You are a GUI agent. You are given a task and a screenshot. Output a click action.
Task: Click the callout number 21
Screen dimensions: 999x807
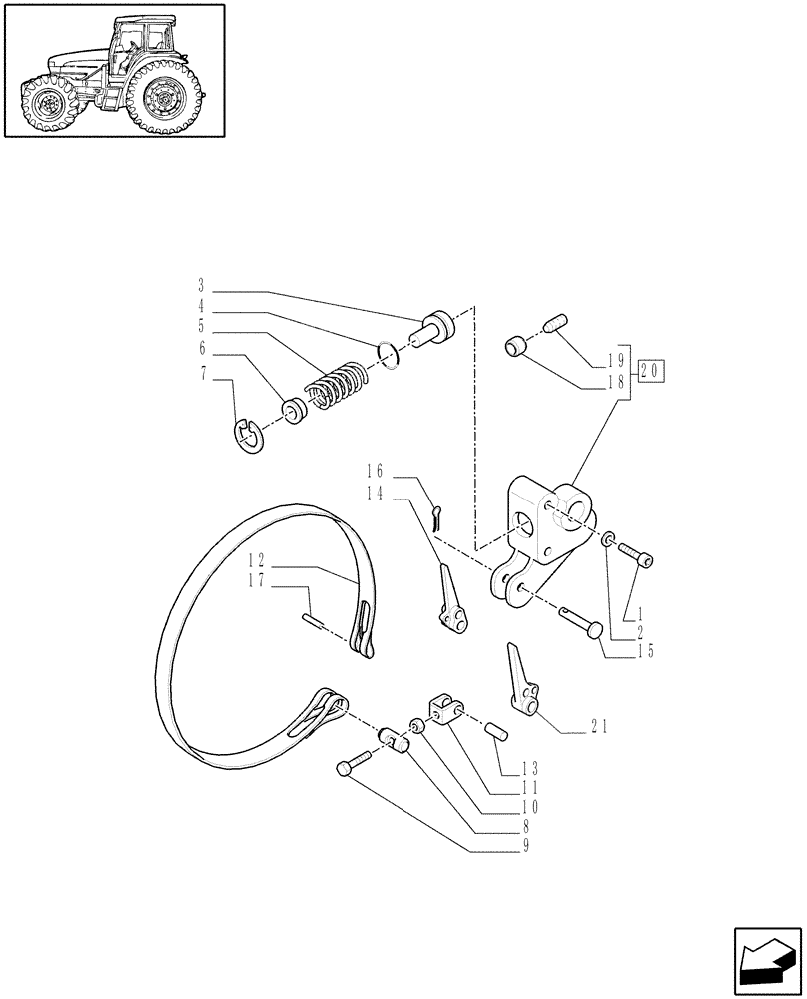pyautogui.click(x=599, y=728)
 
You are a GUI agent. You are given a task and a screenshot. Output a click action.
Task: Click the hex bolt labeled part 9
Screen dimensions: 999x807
pyautogui.click(x=351, y=767)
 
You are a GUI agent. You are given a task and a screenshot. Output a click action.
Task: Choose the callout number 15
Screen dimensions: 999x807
pyautogui.click(x=646, y=651)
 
